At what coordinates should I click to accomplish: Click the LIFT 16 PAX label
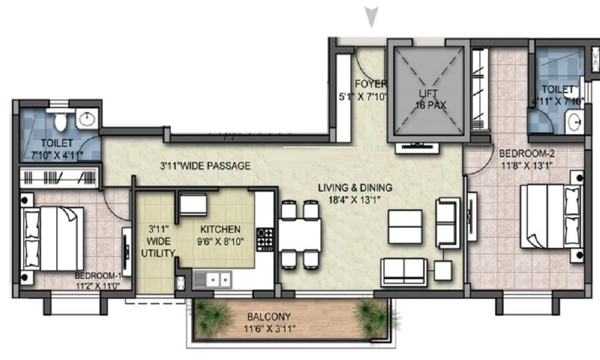(x=428, y=100)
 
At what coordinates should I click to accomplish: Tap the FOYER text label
(x=370, y=84)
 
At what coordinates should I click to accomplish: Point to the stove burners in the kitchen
(x=265, y=239)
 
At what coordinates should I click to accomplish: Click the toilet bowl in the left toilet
(x=61, y=121)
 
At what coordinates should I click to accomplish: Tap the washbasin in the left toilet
(x=87, y=119)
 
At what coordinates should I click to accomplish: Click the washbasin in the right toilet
(x=574, y=124)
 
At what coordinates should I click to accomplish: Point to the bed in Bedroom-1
(x=53, y=238)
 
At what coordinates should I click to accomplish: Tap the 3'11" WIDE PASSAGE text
(x=205, y=166)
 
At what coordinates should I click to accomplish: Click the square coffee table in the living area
(x=404, y=226)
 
